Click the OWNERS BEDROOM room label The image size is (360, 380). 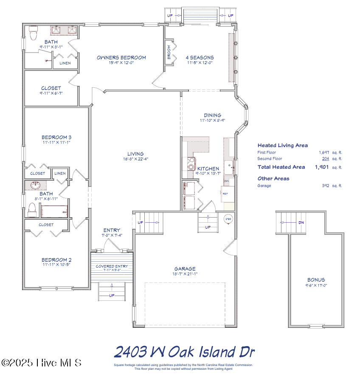(x=121, y=58)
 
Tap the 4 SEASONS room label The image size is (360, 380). (x=200, y=58)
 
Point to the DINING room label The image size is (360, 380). (x=212, y=115)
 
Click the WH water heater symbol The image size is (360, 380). (x=228, y=219)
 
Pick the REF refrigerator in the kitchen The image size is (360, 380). (x=225, y=193)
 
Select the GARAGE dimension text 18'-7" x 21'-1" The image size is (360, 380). (x=185, y=274)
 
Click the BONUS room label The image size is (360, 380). (x=316, y=279)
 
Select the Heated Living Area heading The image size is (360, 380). (x=282, y=145)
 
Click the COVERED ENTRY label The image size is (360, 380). (x=112, y=266)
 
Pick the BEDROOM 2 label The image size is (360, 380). (x=56, y=260)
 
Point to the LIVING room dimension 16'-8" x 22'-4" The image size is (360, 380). (x=135, y=159)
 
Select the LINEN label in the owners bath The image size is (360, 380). (x=65, y=63)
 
